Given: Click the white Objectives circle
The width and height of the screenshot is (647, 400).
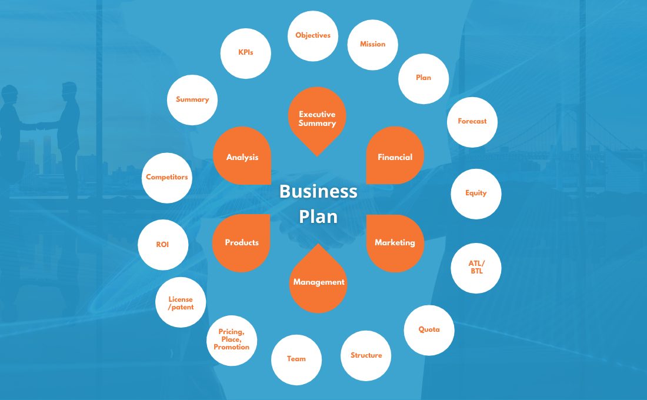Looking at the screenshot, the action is tap(313, 36).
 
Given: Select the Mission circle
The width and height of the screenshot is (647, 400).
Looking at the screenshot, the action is tap(372, 45).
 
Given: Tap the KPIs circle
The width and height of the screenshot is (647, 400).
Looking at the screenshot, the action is tap(245, 54).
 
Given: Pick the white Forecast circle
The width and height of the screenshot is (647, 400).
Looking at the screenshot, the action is tap(472, 122).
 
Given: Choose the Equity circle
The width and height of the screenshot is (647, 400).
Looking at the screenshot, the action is tap(476, 194).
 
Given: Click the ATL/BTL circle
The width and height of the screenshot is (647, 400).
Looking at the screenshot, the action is tap(476, 268).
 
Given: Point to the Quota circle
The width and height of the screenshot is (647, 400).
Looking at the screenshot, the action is tap(429, 330).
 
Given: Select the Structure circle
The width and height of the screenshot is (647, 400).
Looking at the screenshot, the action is tap(366, 355).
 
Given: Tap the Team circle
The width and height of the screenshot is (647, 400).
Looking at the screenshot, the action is tap(296, 359).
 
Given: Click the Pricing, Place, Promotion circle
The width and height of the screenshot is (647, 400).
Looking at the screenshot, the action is tap(232, 340).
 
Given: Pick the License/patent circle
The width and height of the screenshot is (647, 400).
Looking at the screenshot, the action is tap(181, 302).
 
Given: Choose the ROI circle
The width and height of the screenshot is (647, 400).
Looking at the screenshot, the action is tap(163, 245).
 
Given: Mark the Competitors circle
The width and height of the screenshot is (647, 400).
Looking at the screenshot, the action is tap(166, 178).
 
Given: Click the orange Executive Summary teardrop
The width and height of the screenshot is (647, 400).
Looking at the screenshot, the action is tap(317, 118).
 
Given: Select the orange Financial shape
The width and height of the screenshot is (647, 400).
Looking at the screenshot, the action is tap(395, 155).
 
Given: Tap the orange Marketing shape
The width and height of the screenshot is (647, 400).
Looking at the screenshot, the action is tap(395, 243).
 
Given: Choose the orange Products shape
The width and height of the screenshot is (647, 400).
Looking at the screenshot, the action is tap(241, 243).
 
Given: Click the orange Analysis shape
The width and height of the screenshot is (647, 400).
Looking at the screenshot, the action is tap(242, 156).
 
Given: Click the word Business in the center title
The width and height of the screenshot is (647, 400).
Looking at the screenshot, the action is tap(318, 192).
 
